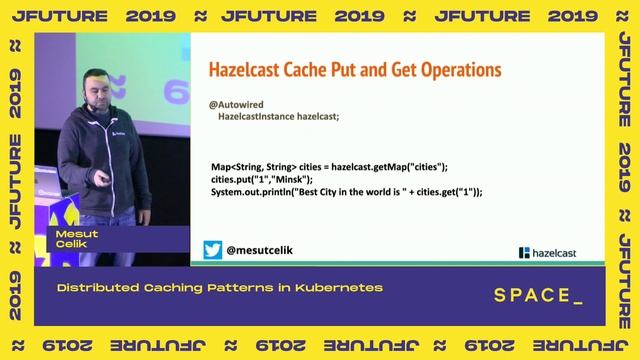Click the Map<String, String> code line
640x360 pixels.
tap(329, 166)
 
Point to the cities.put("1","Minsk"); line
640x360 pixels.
tap(269, 178)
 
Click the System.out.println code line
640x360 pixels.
tap(346, 191)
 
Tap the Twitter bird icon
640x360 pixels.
tap(213, 250)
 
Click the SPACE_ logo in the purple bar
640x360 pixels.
tap(538, 295)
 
